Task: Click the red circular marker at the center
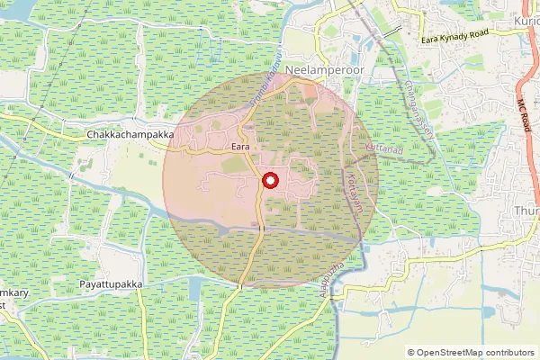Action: pos(269,181)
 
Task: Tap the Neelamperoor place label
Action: pos(321,69)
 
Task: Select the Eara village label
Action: pos(239,146)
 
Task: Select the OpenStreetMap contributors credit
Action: pos(471,353)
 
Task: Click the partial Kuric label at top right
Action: pos(526,20)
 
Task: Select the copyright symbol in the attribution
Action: pos(411,353)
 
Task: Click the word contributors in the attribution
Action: pos(508,353)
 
